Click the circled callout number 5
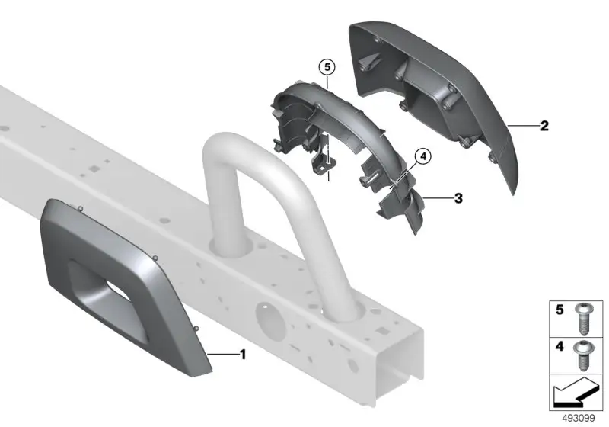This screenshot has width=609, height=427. click(x=327, y=67)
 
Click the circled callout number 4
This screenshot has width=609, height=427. click(x=423, y=156)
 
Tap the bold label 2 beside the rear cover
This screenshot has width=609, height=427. click(x=544, y=126)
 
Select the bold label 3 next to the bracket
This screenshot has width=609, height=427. click(x=459, y=198)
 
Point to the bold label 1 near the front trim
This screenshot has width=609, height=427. click(x=243, y=355)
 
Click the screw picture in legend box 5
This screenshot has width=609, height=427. click(x=582, y=319)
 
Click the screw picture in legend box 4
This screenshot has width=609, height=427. click(x=582, y=356)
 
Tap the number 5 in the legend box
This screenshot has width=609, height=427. click(x=560, y=310)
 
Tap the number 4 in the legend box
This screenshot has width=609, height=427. click(x=560, y=346)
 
